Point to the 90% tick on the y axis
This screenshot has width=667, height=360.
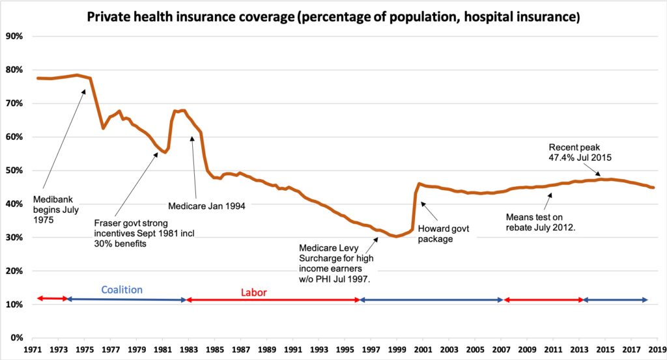14,36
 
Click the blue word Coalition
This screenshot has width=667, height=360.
122,290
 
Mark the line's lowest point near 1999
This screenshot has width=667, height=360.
395,236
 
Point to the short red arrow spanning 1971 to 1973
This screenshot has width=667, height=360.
53,298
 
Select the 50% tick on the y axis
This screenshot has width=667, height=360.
14,171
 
